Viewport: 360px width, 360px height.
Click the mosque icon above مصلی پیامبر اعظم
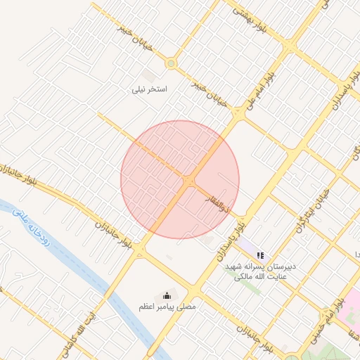167,295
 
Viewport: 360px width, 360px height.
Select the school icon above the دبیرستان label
259,256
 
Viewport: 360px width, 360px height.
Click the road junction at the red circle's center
188,181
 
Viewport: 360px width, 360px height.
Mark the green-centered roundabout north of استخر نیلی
170,64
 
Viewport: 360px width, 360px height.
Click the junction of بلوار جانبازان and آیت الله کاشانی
140,250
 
